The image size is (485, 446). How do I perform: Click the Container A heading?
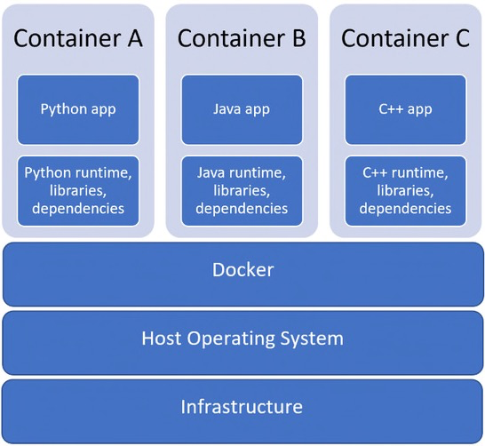point(78,38)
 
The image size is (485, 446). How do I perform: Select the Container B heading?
point(242,38)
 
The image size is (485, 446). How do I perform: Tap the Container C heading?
point(405,38)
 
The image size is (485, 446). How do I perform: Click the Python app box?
point(78,110)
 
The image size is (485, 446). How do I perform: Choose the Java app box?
point(242,110)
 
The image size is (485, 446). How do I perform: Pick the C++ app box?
point(406,110)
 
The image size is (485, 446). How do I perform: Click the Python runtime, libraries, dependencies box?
point(78,191)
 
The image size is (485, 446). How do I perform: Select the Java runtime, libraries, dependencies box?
point(242,191)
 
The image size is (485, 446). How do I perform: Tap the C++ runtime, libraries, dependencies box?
point(406,191)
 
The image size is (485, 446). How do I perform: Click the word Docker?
point(242,270)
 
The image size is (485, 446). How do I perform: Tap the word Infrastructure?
point(242,406)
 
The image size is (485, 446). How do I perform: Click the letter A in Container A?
point(135,38)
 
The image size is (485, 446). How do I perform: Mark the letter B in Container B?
point(299,38)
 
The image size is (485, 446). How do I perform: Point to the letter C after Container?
point(463,38)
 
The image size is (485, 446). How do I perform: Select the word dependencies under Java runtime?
point(242,209)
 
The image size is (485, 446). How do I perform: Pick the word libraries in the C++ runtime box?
point(405,190)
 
